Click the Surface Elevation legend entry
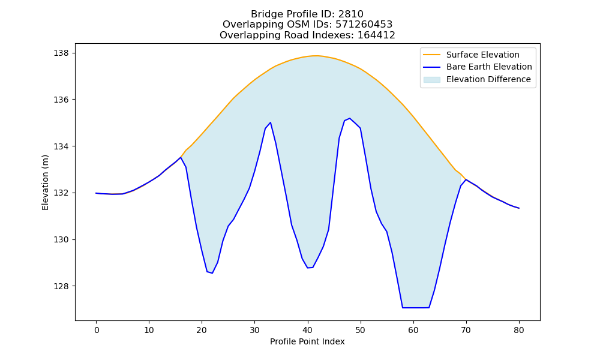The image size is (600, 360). coord(471,55)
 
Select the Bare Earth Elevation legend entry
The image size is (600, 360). coord(477,67)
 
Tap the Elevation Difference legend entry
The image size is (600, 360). coord(477,80)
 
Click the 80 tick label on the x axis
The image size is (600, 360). coord(519,330)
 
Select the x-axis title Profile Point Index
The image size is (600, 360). coord(307,341)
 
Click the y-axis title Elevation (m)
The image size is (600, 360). coord(46,182)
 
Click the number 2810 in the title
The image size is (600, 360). coord(350,14)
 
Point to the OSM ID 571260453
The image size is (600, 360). coord(364,25)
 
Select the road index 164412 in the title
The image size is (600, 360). coord(376,35)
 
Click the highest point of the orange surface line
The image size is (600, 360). coord(316,56)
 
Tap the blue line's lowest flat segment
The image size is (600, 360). coord(416,308)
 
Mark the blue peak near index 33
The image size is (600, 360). coord(270,122)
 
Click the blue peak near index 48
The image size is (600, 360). coord(350,118)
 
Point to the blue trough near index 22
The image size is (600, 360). coord(212,273)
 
